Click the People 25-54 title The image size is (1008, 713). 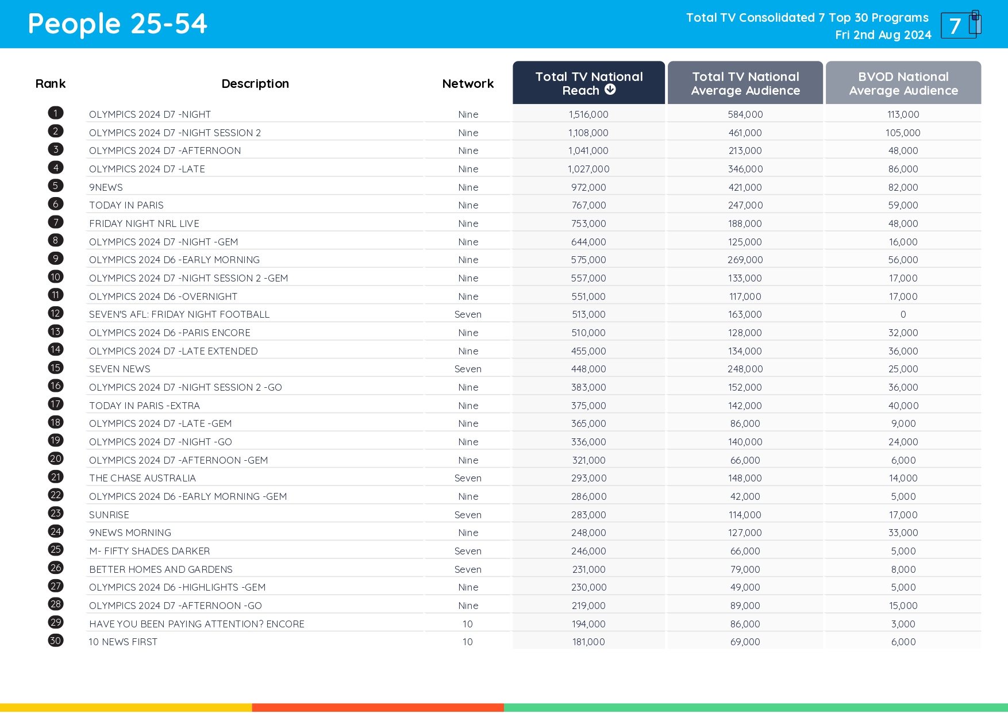[117, 24]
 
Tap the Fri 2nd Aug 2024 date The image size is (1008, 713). [883, 35]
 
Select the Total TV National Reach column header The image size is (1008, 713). [588, 83]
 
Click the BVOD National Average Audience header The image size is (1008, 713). [903, 83]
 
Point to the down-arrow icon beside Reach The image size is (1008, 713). [610, 90]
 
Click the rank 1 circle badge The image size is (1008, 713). [56, 113]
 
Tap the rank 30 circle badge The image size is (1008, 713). [56, 641]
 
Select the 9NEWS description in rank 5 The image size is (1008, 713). [106, 187]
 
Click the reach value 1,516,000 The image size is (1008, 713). [588, 114]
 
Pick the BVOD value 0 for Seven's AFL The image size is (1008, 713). [903, 314]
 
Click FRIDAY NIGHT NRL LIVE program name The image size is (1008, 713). [144, 223]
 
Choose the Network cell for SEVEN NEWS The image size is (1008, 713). [468, 369]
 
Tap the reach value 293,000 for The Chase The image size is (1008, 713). [588, 478]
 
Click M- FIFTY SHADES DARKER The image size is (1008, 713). [149, 551]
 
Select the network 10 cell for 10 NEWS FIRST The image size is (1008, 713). [468, 642]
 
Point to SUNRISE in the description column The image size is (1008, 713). [109, 515]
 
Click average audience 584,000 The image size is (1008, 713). [745, 114]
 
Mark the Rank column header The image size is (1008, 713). [51, 84]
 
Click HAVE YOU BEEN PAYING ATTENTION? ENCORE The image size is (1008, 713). [197, 624]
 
